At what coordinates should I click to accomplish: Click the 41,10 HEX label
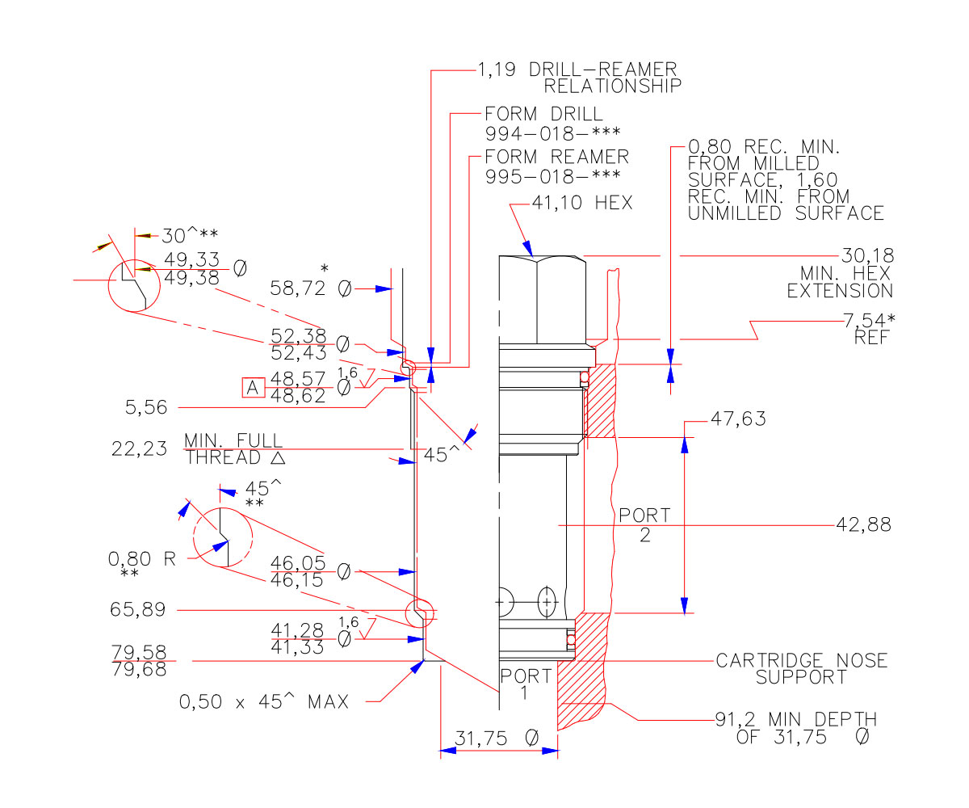point(582,204)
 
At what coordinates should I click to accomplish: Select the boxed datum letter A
point(253,388)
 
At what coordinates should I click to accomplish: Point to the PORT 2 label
point(644,524)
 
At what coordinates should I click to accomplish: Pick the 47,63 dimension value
point(737,419)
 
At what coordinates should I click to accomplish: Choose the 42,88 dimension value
point(863,524)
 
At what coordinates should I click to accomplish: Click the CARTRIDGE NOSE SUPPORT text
point(801,669)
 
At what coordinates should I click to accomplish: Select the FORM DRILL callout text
point(543,123)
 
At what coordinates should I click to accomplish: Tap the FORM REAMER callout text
point(556,166)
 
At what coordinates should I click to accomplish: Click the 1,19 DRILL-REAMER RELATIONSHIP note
point(578,77)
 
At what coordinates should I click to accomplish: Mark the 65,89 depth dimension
point(138,610)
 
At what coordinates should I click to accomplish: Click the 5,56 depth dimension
point(145,408)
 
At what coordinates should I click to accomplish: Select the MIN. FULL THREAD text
point(234,449)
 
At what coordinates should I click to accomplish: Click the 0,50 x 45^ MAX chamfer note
point(264,702)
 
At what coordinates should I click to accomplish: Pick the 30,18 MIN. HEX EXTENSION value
point(868,256)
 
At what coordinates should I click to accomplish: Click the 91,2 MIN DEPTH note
point(796,728)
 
